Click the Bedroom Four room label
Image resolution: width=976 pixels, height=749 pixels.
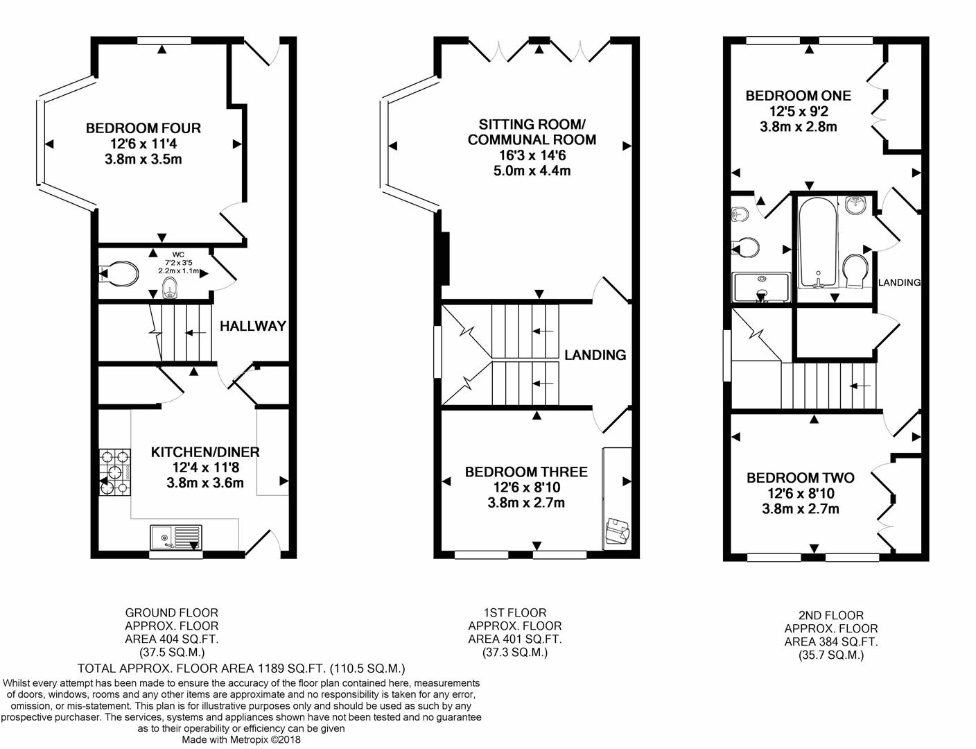point(143,128)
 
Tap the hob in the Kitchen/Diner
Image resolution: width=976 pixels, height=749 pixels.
point(115,473)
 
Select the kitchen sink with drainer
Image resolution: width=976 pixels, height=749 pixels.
point(175,537)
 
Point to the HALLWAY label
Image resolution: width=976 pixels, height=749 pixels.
point(253,326)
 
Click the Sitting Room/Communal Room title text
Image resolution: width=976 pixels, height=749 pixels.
point(532,132)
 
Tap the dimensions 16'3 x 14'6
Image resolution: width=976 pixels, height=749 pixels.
point(532,155)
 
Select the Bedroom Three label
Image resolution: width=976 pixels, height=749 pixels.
point(526,472)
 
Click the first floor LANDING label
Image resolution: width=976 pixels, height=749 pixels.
point(595,355)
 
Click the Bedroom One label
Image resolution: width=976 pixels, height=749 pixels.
point(798,96)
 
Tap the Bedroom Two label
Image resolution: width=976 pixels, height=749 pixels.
point(800,478)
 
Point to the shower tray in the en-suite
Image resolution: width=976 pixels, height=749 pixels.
point(761,288)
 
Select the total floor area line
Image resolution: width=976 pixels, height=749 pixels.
point(241,669)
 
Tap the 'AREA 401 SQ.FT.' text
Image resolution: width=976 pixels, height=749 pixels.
point(514,639)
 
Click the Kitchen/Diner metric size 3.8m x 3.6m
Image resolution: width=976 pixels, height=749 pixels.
point(205,483)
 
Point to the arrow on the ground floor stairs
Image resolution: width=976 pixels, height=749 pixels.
point(197,334)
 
